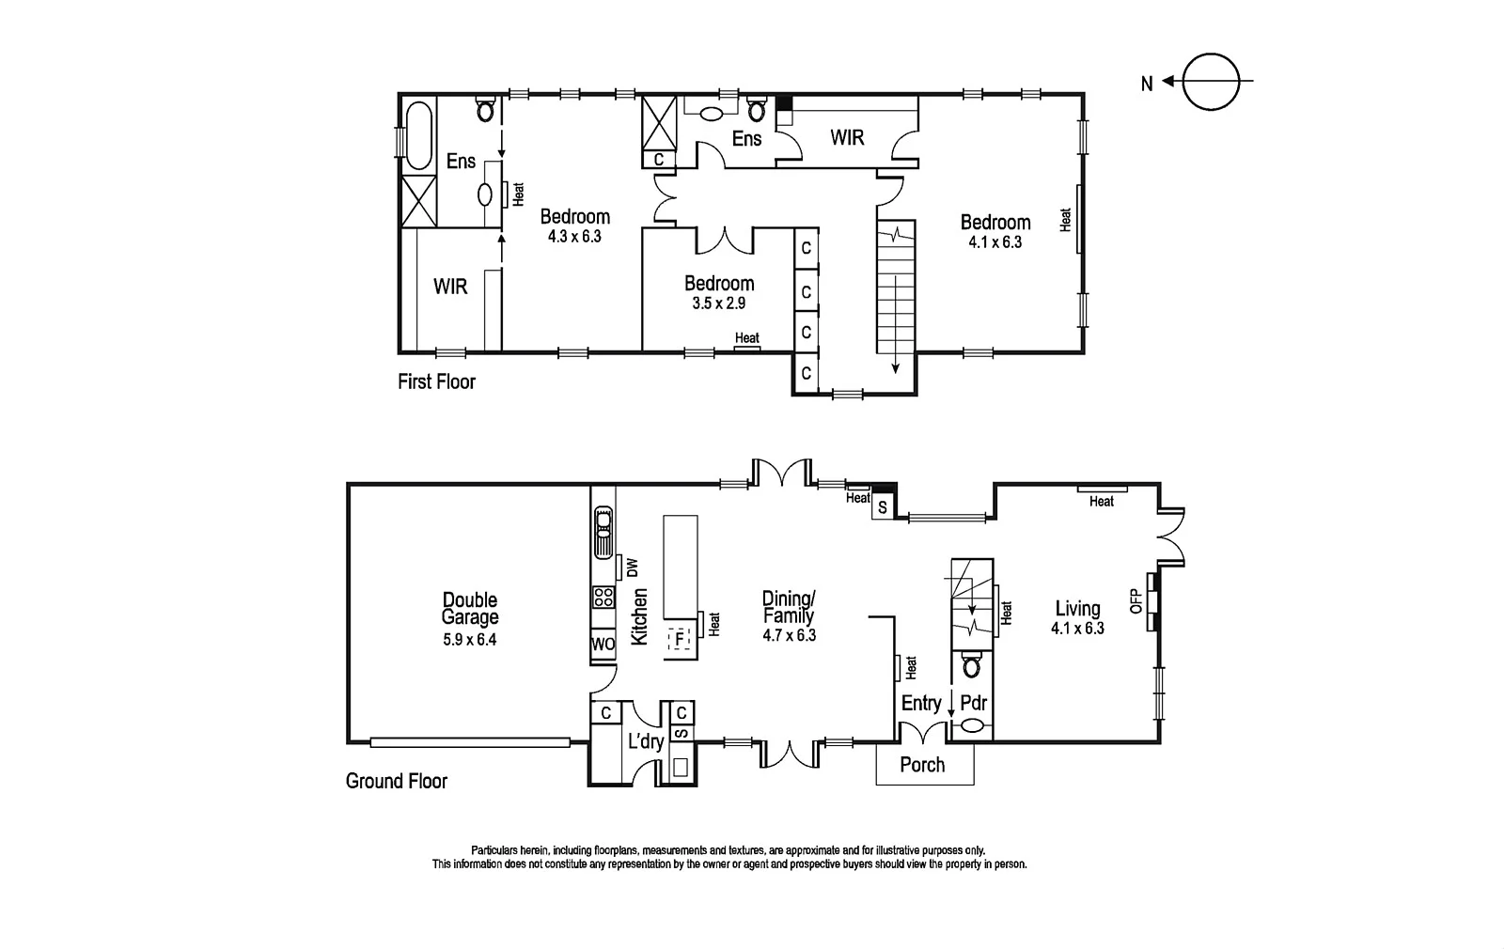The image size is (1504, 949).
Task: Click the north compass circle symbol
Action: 1212,83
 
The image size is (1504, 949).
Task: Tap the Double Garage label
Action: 470,609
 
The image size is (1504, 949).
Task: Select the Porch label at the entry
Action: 922,765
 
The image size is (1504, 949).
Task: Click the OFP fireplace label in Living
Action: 1135,600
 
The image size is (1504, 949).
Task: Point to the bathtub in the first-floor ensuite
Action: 418,135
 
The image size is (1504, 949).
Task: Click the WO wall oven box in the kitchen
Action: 603,645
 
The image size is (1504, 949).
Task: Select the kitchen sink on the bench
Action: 603,532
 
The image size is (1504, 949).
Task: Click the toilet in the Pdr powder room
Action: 972,667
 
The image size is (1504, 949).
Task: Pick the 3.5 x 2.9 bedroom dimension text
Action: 719,303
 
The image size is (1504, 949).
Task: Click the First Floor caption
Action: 436,381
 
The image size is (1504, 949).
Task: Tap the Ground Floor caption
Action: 397,781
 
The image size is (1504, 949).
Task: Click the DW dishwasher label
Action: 632,568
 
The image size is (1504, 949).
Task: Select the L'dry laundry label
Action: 646,742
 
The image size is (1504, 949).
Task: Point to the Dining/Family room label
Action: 788,607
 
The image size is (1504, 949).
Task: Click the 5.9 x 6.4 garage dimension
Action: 470,640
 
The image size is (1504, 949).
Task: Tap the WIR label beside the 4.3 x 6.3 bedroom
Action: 450,286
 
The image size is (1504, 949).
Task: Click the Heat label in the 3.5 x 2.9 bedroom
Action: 747,338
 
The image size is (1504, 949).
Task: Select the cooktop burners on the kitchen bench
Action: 603,597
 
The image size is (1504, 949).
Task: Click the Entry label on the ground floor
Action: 921,703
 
